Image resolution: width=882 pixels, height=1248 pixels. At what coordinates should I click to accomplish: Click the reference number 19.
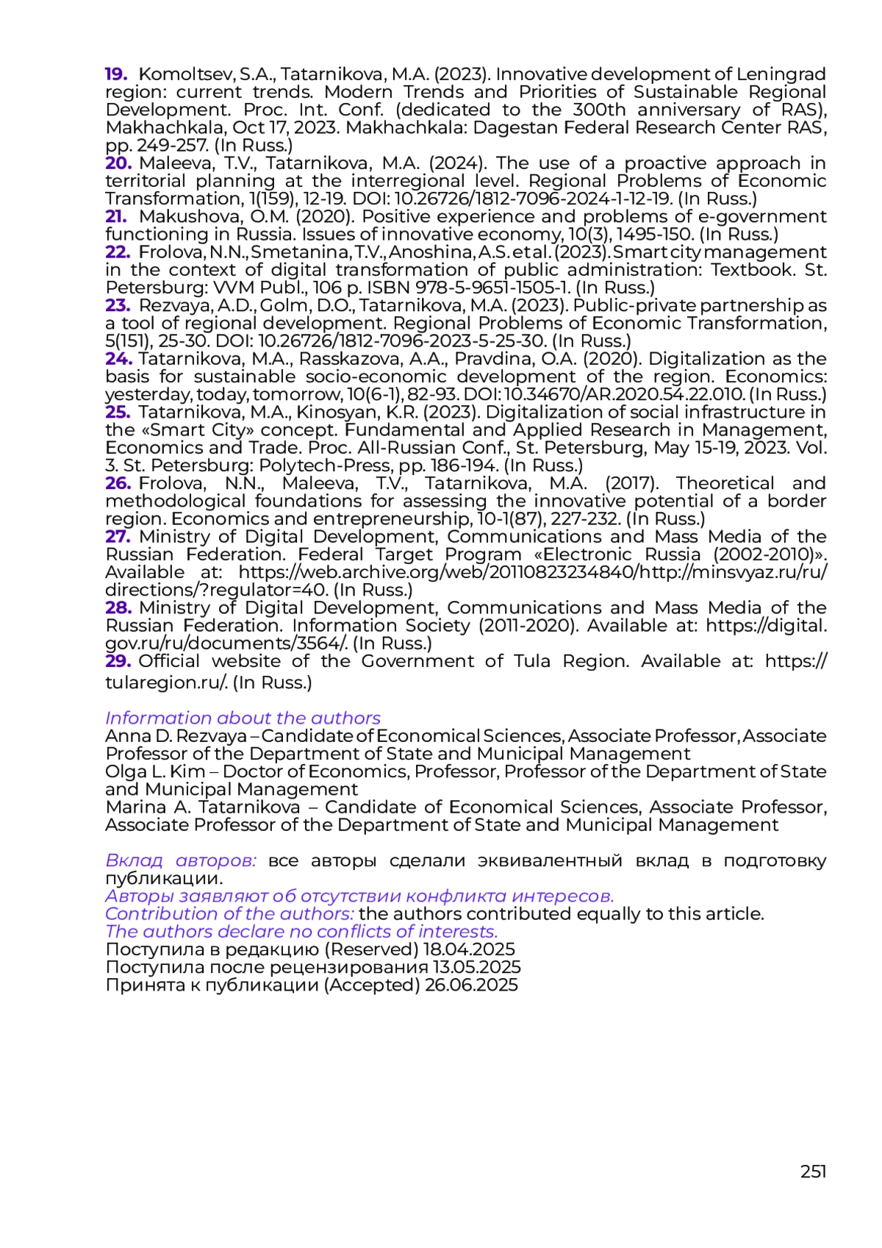pos(116,74)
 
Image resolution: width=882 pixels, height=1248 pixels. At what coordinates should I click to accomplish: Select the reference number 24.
pos(118,359)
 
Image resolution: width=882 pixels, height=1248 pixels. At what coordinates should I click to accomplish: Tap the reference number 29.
pos(118,661)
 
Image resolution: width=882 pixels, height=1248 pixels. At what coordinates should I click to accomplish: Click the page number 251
pos(813,1172)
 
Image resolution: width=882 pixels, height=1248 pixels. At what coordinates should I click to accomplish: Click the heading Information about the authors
pos(243,718)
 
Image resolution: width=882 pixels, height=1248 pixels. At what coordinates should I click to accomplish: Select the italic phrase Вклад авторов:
pos(181,860)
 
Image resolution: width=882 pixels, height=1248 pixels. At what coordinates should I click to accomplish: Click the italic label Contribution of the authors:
pos(229,914)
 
